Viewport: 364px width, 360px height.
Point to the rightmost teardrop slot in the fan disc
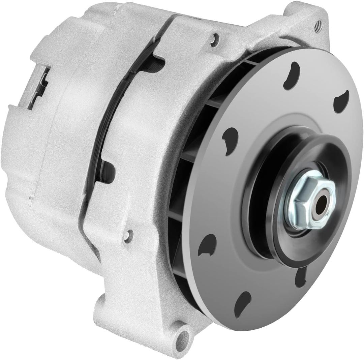tap(341, 100)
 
